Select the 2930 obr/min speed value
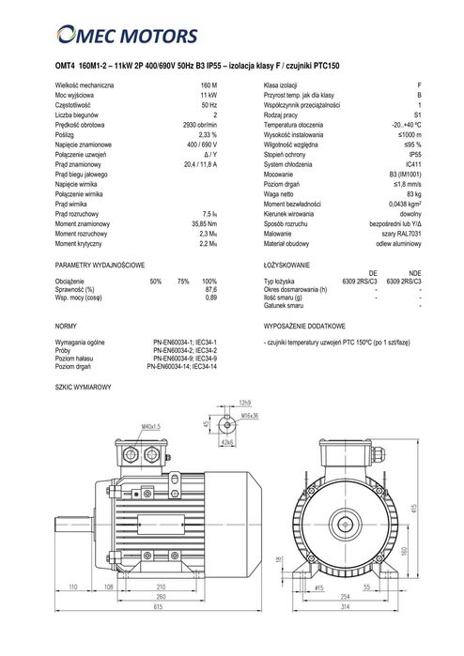pyautogui.click(x=199, y=124)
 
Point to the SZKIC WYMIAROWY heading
pyautogui.click(x=84, y=386)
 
